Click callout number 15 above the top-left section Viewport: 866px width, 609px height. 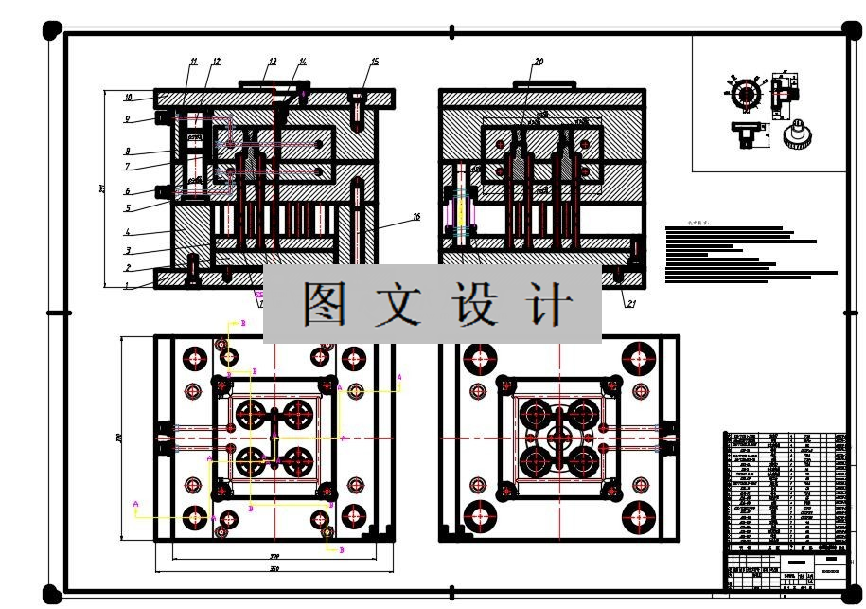(374, 63)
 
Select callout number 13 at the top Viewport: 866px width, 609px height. (272, 63)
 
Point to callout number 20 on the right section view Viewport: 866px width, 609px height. (539, 63)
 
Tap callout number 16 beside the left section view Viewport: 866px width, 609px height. (415, 217)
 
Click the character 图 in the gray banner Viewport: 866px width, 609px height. (325, 304)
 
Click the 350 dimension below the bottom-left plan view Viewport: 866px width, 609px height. (274, 568)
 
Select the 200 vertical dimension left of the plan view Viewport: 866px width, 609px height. (119, 438)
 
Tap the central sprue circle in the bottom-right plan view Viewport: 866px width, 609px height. (557, 438)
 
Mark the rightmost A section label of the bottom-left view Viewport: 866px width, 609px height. (399, 377)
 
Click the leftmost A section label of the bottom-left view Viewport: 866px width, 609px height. (136, 504)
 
